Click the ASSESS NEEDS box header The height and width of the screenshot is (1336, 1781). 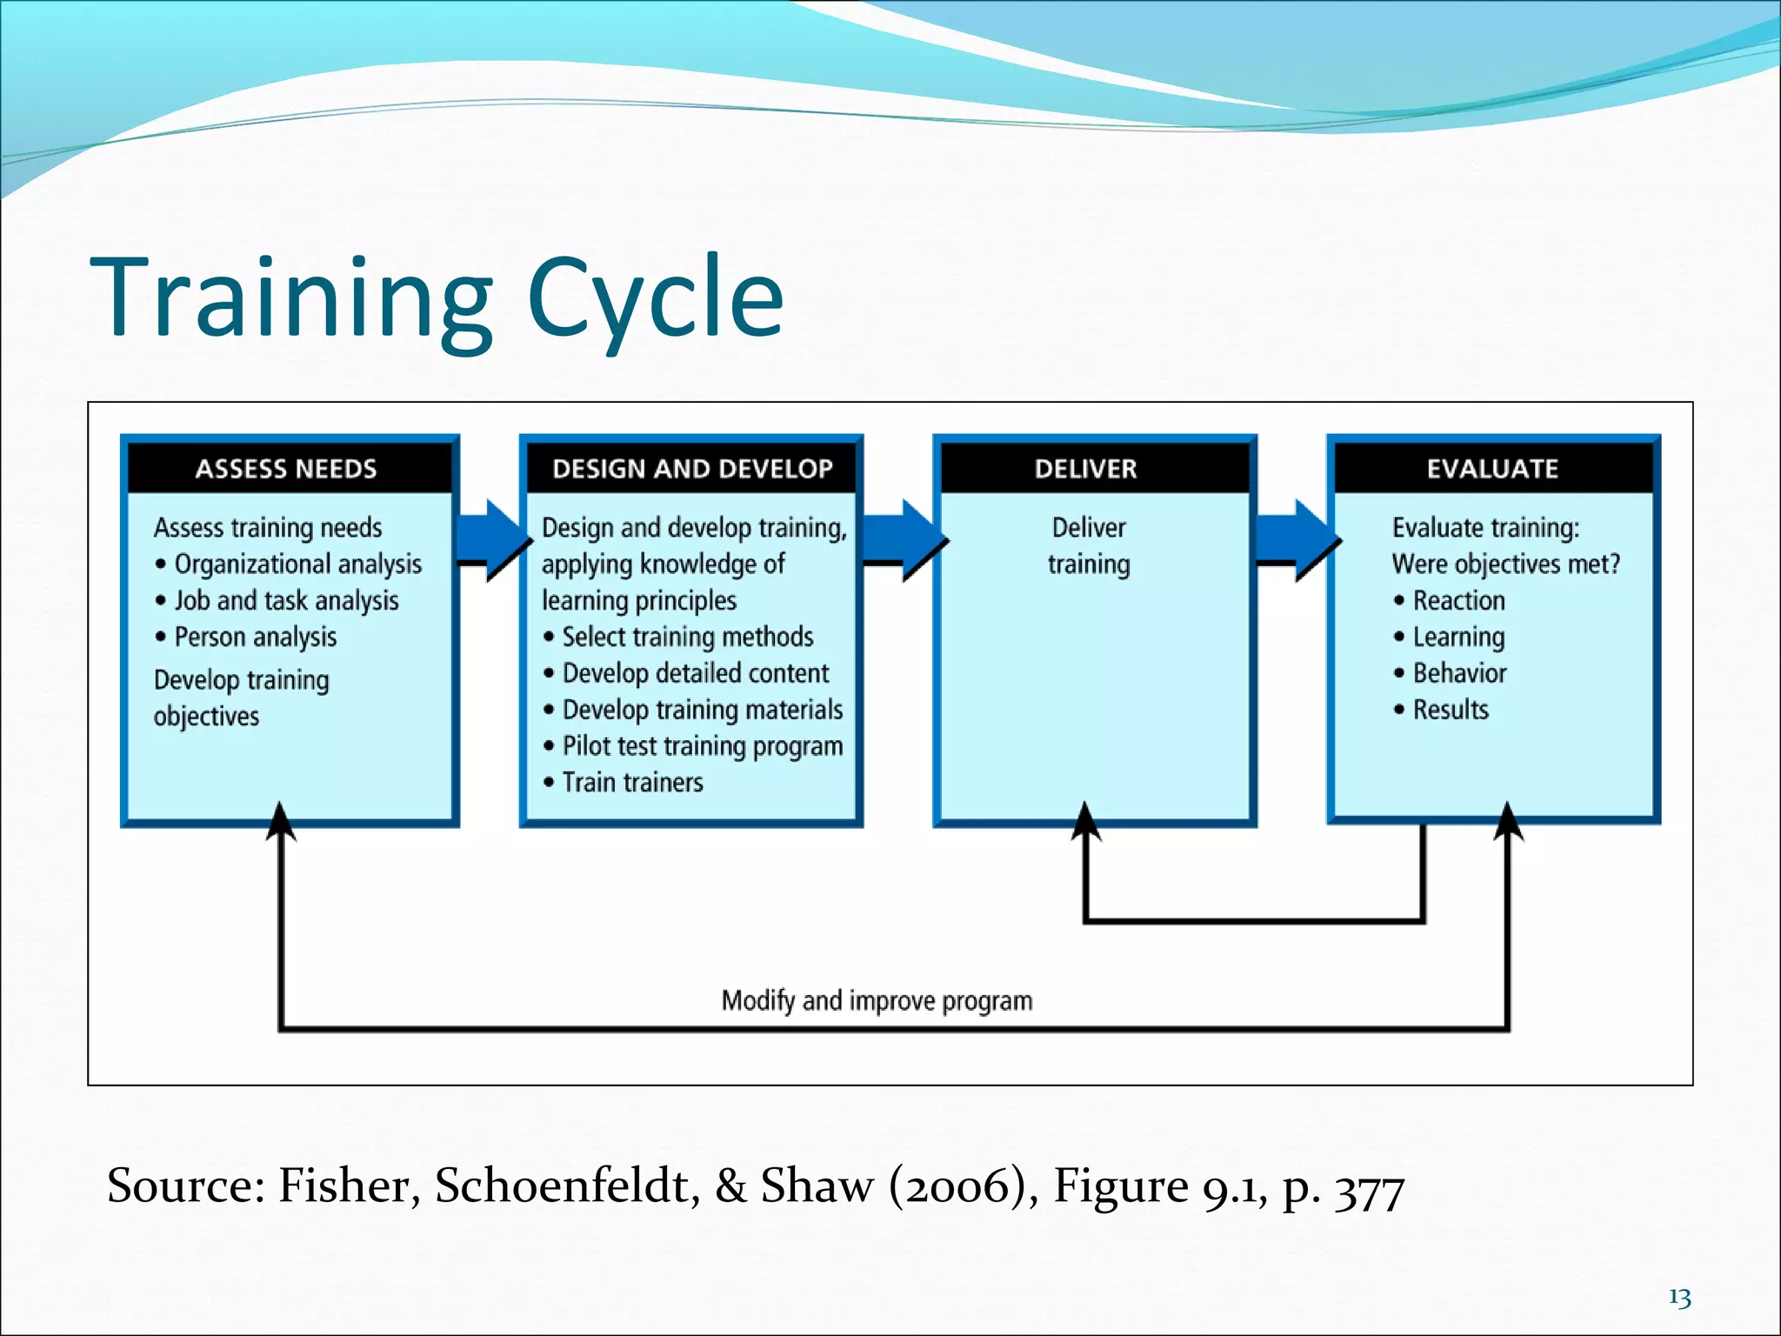(287, 469)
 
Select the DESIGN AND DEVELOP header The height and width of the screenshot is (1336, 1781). (692, 469)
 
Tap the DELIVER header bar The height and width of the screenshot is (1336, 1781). (1086, 469)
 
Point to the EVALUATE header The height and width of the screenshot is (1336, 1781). (1492, 469)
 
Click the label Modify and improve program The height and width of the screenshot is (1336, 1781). (877, 1001)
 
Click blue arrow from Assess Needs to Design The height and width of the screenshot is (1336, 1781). (491, 540)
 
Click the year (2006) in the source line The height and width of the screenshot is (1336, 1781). (962, 1186)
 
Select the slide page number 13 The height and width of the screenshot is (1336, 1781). (1679, 1298)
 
